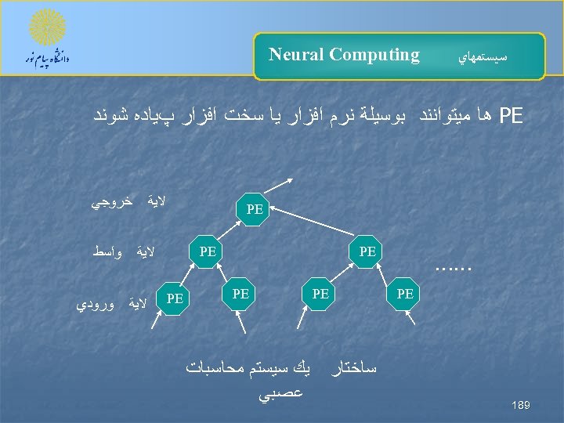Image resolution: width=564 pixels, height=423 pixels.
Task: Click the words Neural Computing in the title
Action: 344,55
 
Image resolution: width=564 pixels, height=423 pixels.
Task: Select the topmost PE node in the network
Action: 254,209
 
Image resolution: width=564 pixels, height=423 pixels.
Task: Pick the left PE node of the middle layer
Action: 208,251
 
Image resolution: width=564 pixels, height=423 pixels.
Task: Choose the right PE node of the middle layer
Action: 367,251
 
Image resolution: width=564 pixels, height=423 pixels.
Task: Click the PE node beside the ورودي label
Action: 175,298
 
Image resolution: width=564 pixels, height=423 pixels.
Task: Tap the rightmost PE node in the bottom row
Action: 405,294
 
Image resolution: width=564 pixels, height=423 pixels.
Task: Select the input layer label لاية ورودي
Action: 114,302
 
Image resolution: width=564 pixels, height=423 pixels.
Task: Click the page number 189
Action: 521,405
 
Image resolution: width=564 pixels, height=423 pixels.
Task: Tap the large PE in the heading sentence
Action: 511,116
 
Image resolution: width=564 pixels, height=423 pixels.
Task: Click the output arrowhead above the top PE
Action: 291,181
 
